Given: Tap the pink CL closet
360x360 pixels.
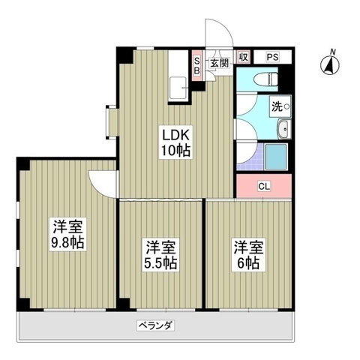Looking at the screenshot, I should [x=264, y=186].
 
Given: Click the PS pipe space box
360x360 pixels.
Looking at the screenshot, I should [x=271, y=57].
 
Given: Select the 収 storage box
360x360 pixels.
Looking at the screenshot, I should [x=244, y=57].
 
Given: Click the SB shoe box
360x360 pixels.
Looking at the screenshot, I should [x=197, y=66].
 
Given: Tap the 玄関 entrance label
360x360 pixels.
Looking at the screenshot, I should [x=218, y=63].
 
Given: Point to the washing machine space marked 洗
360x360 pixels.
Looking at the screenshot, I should [x=279, y=107].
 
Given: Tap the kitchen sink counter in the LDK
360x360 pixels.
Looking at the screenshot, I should [x=179, y=88].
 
